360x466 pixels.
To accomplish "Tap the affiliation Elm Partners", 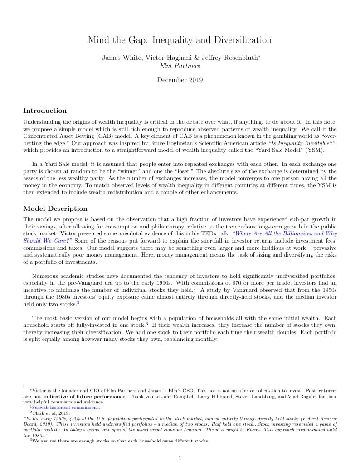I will [180, 66].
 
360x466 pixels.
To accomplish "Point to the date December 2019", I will [180, 80].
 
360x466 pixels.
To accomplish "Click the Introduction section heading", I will [45, 111].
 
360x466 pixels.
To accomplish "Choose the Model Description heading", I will [55, 209].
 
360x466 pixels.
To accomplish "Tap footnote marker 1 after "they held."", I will [194, 288].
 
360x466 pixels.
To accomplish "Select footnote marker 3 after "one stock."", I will [147, 324].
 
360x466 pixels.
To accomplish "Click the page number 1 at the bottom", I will [180, 458].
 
